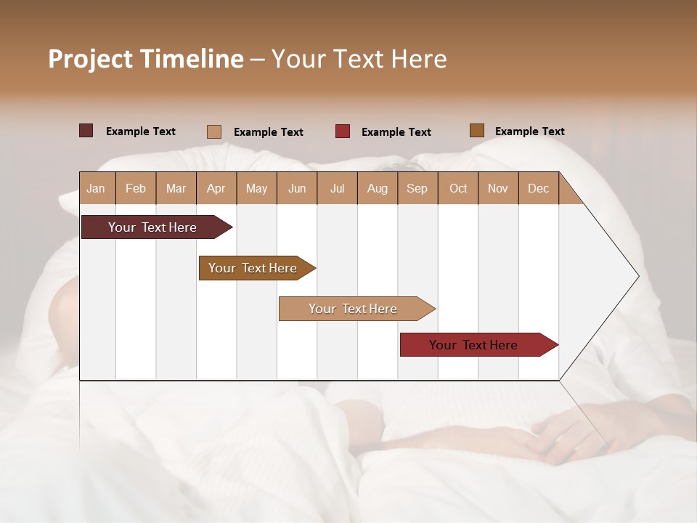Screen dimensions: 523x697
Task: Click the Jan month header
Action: pyautogui.click(x=96, y=188)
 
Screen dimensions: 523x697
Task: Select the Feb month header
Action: pyautogui.click(x=136, y=188)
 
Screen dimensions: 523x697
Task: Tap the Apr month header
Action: pyautogui.click(x=216, y=188)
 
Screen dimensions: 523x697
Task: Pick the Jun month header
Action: pyautogui.click(x=297, y=188)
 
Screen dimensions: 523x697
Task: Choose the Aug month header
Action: pyautogui.click(x=377, y=188)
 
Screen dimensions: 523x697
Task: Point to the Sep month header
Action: pyautogui.click(x=417, y=188)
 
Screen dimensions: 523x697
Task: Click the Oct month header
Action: pyautogui.click(x=458, y=188)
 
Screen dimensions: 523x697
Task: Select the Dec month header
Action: pyautogui.click(x=538, y=188)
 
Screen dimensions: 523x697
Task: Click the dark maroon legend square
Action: pyautogui.click(x=86, y=131)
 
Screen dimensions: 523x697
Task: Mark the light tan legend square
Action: pyautogui.click(x=214, y=131)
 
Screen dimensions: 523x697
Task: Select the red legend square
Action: pyautogui.click(x=343, y=131)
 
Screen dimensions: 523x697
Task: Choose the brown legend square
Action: pyautogui.click(x=477, y=131)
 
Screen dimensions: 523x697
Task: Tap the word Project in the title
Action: pyautogui.click(x=90, y=59)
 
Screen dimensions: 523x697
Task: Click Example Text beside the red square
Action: pyautogui.click(x=396, y=132)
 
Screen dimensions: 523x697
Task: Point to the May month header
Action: pyautogui.click(x=256, y=188)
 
